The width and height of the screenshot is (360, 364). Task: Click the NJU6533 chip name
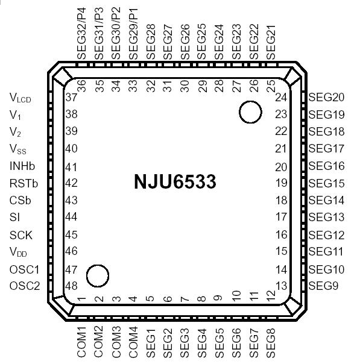[175, 181]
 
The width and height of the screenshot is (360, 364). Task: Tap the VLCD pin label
[21, 98]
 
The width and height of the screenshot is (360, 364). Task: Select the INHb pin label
[22, 166]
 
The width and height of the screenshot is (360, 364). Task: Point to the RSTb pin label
[22, 183]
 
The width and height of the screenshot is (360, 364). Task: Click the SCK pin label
[21, 235]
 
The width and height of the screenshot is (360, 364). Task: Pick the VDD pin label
[19, 253]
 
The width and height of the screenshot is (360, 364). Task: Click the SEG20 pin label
[326, 97]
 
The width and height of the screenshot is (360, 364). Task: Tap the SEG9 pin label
[323, 285]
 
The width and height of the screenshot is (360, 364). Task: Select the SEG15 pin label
[326, 183]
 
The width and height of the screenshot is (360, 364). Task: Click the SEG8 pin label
[270, 340]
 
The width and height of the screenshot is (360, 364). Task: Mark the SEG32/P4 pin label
[83, 33]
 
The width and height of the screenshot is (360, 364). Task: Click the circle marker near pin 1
[98, 275]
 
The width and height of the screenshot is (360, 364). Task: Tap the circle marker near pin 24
[250, 112]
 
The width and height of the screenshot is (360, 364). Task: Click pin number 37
[72, 97]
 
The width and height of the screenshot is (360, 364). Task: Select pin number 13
[281, 285]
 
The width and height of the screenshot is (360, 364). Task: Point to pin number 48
[72, 286]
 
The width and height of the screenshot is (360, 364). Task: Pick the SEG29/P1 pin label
[133, 34]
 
